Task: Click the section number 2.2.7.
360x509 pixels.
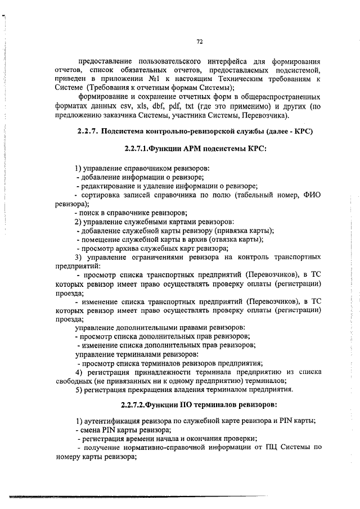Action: point(88,132)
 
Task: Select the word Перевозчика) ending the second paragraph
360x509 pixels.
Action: point(264,116)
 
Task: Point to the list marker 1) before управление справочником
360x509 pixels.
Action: point(79,168)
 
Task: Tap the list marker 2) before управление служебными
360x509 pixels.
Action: point(79,221)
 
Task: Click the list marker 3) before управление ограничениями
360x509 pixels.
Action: point(79,257)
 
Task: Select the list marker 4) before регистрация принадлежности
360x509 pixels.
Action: point(79,372)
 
